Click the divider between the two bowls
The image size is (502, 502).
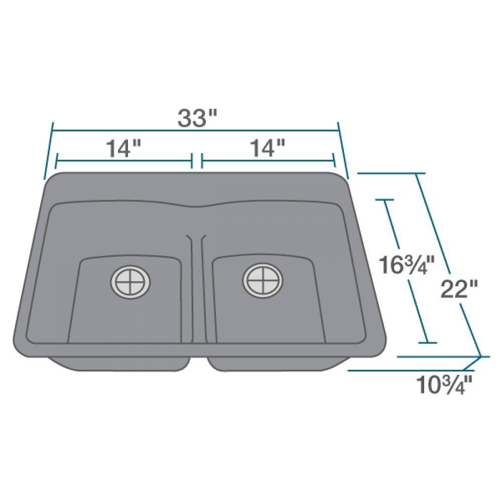tap(197, 286)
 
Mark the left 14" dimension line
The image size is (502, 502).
tap(90, 161)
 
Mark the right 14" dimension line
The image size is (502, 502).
tap(301, 161)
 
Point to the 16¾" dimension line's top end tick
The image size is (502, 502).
tap(386, 200)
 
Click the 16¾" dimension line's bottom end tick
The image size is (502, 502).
tap(427, 343)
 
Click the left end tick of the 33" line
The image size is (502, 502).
tap(49, 151)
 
